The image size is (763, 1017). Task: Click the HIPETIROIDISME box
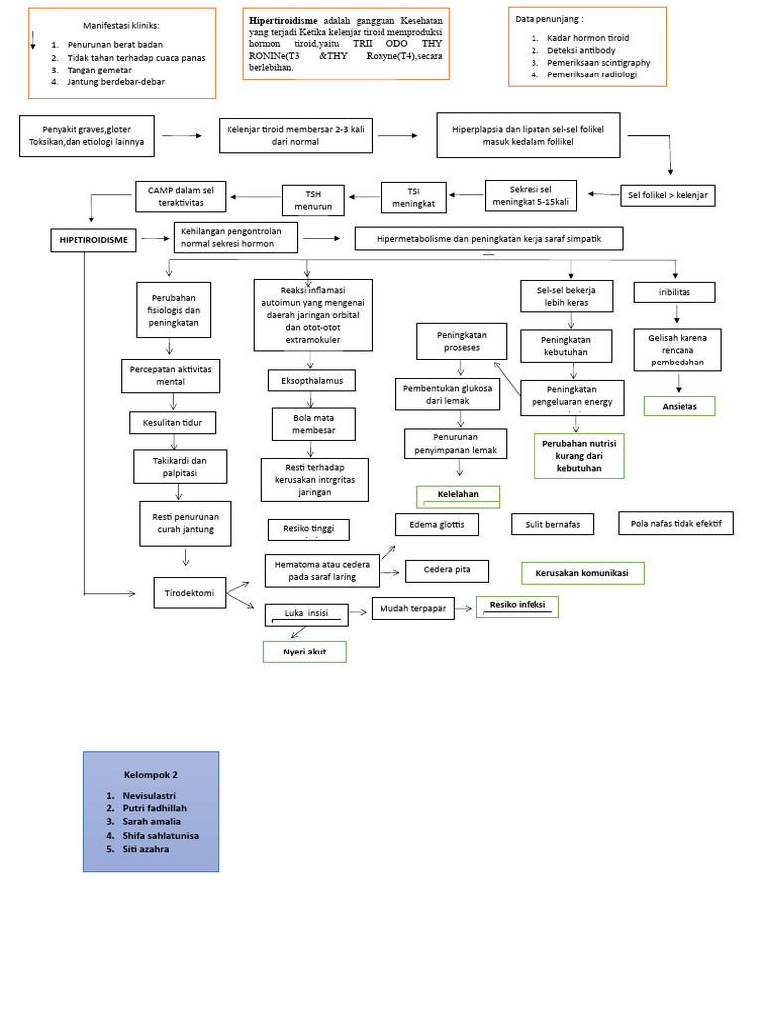click(94, 239)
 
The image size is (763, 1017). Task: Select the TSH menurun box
click(313, 199)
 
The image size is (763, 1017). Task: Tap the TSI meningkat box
click(413, 197)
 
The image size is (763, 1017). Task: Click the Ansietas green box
click(679, 406)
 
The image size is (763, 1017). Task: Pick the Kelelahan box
click(457, 495)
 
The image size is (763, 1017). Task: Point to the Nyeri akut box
click(304, 652)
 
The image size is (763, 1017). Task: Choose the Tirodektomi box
click(189, 593)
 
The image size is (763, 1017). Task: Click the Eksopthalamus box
click(311, 380)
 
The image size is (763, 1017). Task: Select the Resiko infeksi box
click(518, 605)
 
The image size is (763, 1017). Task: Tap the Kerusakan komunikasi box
click(582, 573)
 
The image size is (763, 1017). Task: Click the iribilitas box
click(675, 292)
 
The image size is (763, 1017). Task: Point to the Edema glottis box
click(436, 524)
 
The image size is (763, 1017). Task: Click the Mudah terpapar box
click(412, 608)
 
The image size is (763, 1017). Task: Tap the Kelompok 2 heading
click(150, 773)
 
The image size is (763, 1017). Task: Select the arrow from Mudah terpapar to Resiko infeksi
click(465, 607)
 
